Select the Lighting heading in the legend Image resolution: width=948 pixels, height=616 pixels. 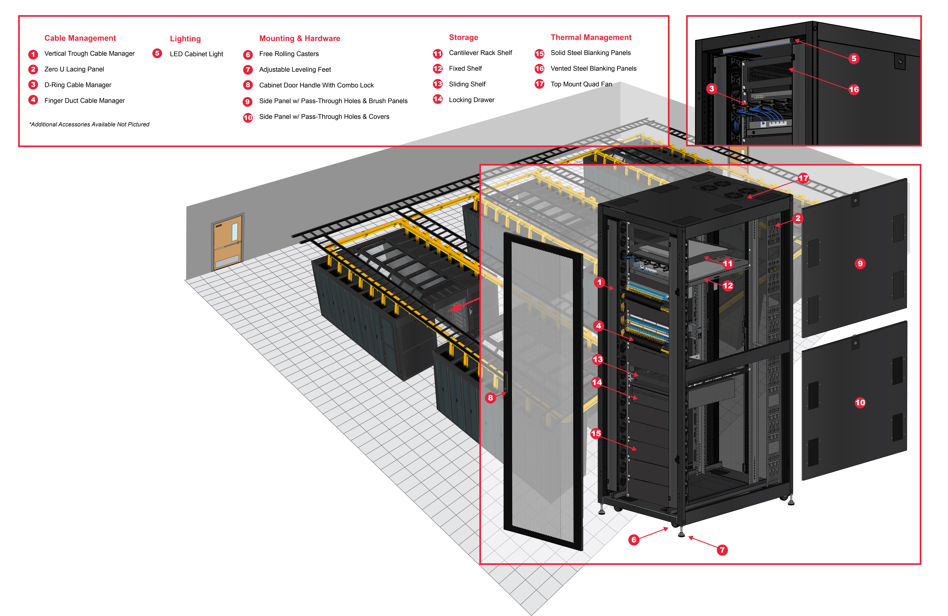point(185,39)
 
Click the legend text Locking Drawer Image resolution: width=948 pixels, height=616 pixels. point(472,100)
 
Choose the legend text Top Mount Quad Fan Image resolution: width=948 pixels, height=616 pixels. point(581,84)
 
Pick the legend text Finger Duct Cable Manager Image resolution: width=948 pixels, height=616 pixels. point(84,101)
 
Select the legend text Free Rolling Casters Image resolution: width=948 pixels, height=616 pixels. point(289,54)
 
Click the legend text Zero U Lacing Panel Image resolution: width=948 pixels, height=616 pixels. point(74,69)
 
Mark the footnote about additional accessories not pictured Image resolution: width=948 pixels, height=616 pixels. point(89,125)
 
